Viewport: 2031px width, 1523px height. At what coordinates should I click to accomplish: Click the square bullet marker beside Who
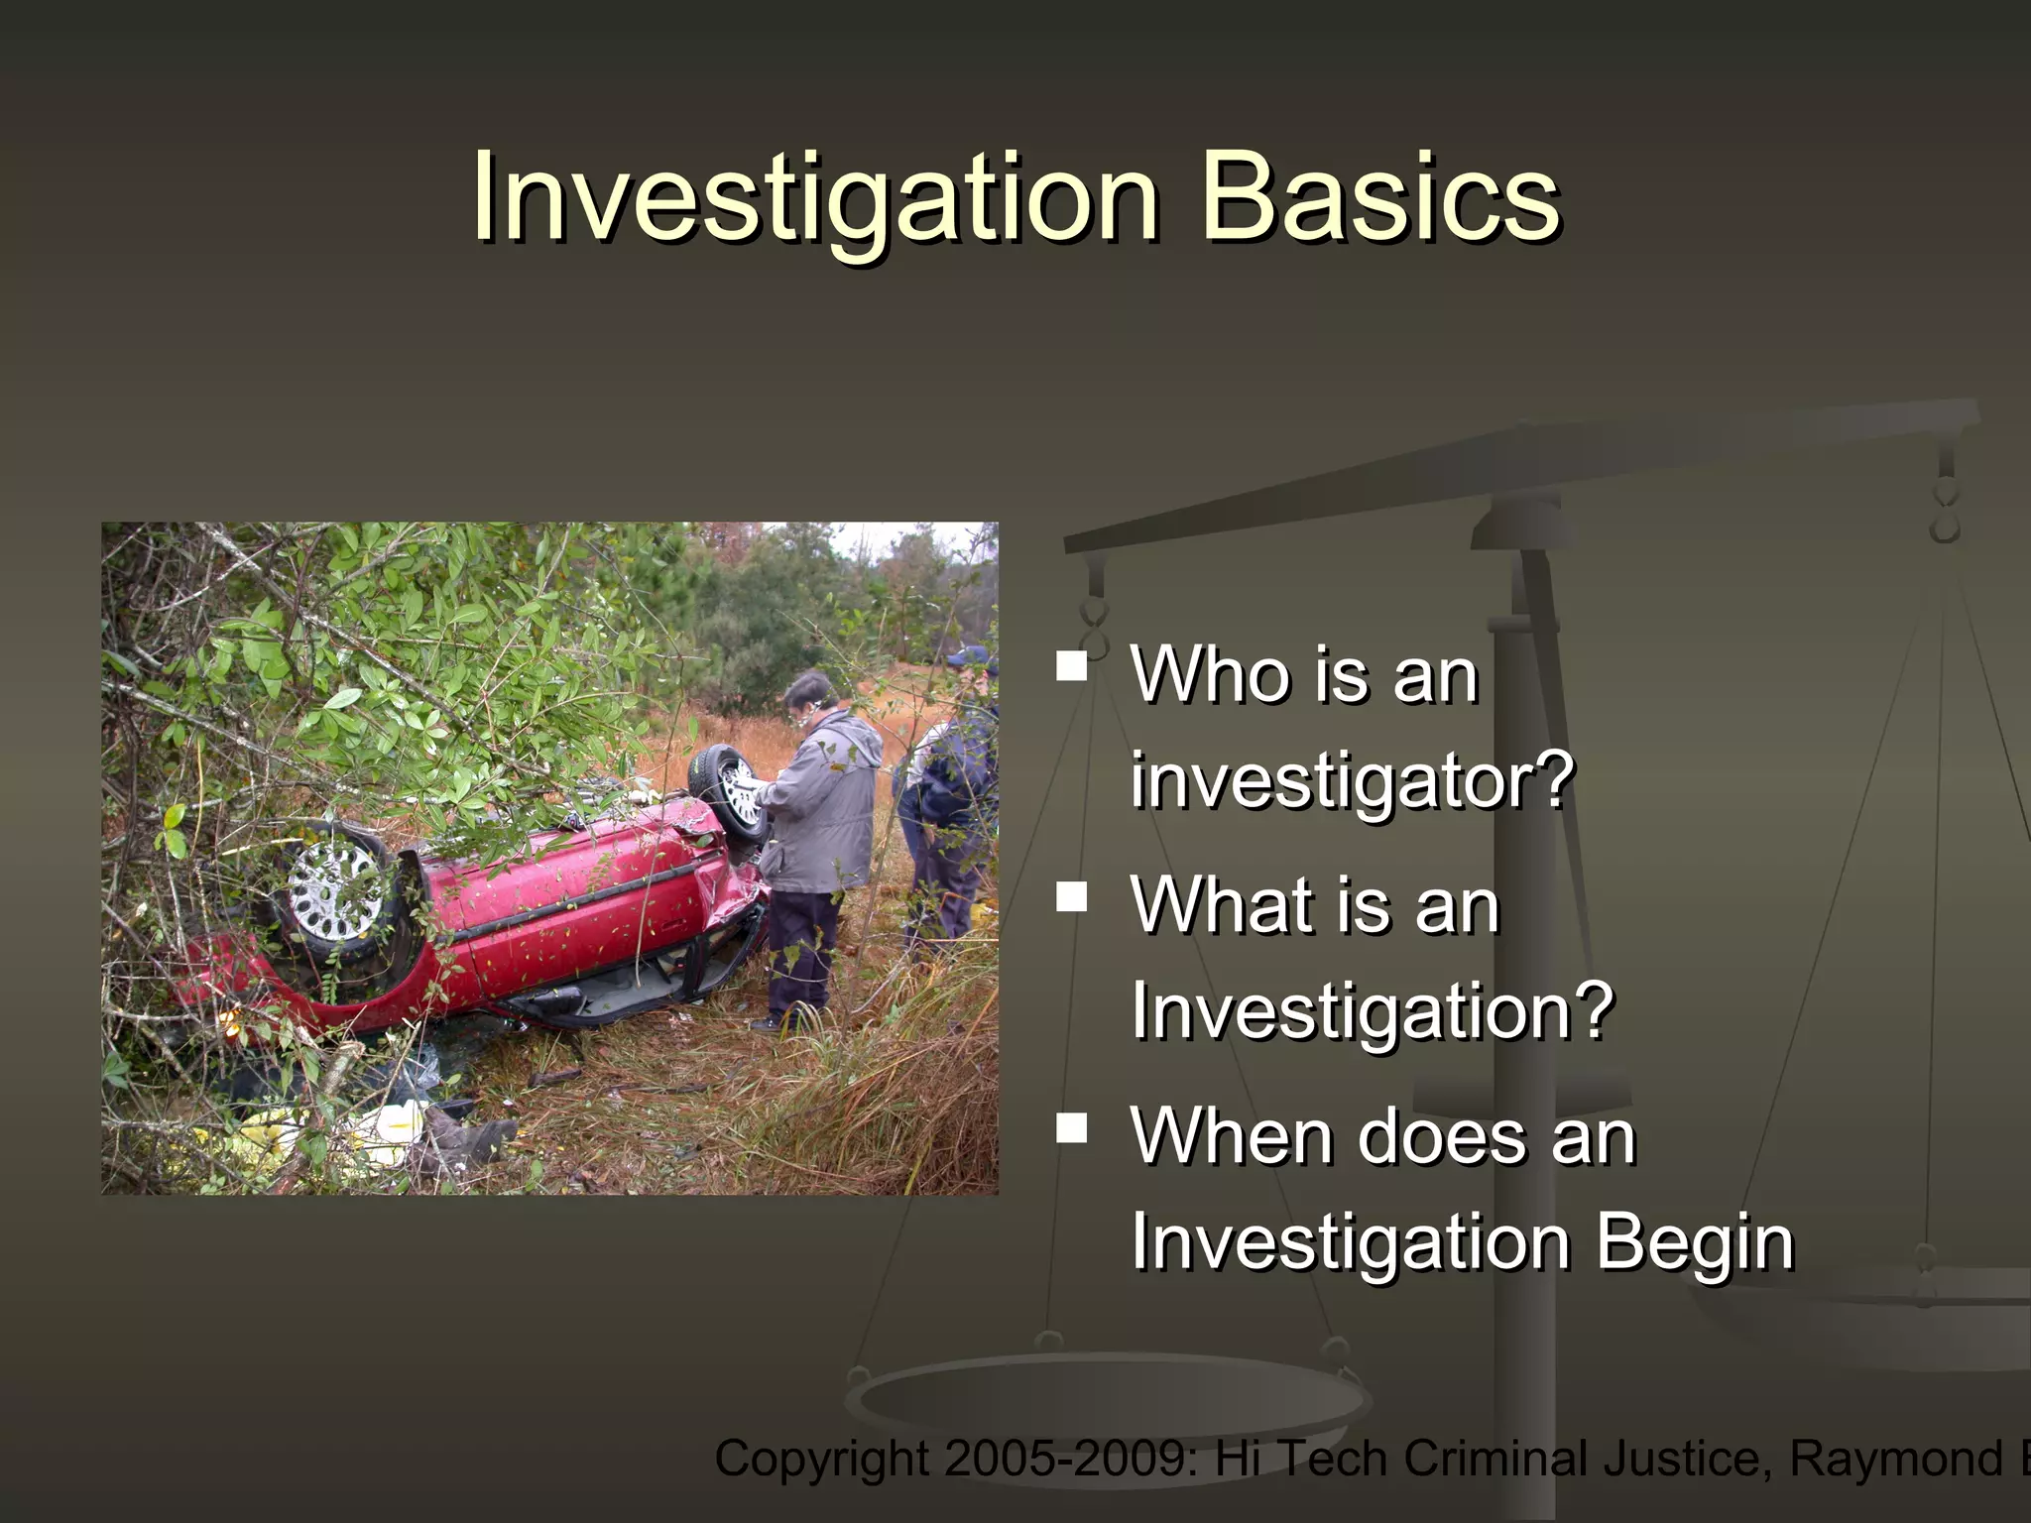[x=1072, y=665]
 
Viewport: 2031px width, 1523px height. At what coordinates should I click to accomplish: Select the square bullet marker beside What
[x=1072, y=896]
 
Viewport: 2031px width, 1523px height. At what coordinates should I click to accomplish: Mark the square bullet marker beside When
[x=1072, y=1127]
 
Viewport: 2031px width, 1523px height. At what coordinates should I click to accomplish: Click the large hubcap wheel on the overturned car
[x=335, y=888]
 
